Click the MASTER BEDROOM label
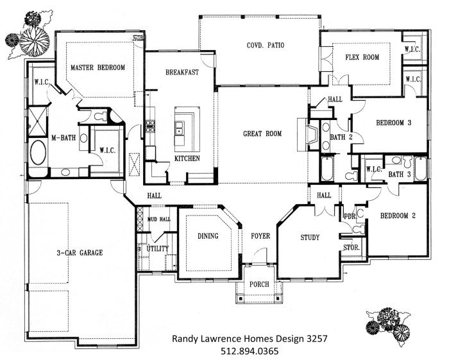pos(97,67)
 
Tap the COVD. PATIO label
pos(265,45)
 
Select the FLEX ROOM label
pos(362,57)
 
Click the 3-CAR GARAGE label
pos(78,253)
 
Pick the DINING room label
pos(208,236)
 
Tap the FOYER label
pos(260,236)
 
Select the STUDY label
pos(310,238)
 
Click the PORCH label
pos(260,284)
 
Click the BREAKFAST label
pos(182,72)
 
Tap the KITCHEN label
pos(187,158)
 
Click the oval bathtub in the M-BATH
pos(38,155)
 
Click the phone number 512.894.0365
pos(246,352)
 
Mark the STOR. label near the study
pos(352,247)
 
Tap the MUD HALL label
pos(159,219)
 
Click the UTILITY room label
pos(158,248)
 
